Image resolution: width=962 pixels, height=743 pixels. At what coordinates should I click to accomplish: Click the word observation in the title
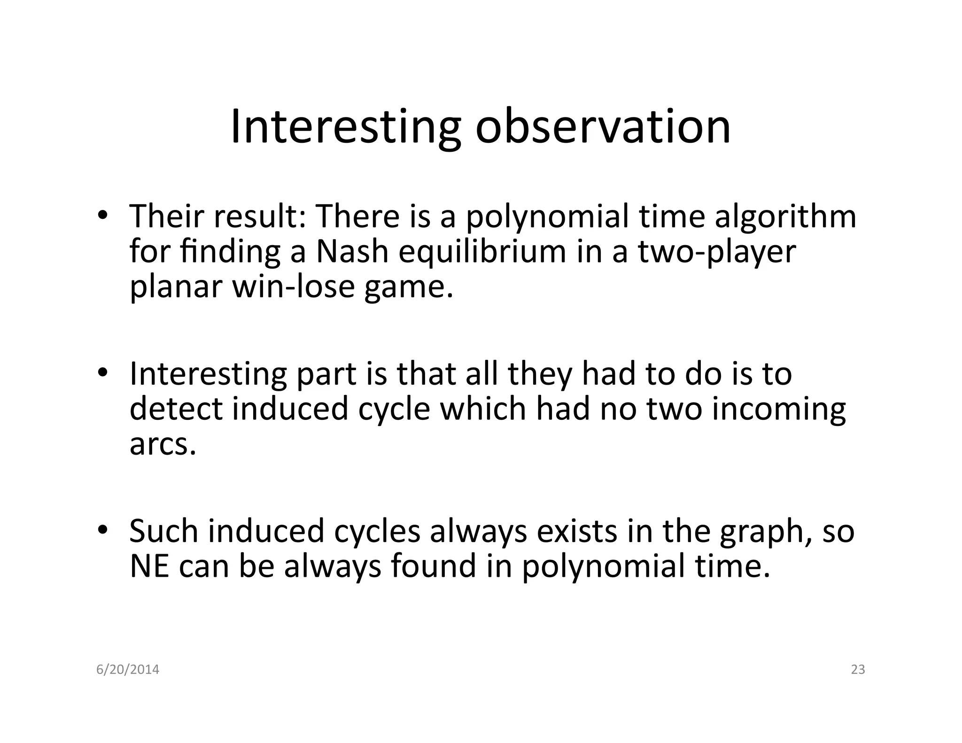tap(603, 127)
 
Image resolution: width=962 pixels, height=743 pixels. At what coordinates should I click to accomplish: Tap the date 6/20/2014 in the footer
tap(128, 670)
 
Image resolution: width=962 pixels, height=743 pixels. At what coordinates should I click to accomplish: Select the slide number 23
tap(858, 670)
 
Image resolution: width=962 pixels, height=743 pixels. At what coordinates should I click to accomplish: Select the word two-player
tap(716, 252)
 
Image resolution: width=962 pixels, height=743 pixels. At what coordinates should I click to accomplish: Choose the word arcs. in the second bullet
tap(162, 444)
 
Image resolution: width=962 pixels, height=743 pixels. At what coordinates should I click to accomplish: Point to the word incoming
tap(778, 410)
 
